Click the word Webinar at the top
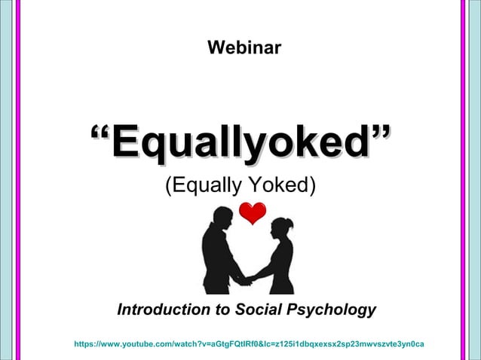(244, 49)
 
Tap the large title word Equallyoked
(241, 143)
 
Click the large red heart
(253, 213)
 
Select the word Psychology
(332, 310)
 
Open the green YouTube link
(249, 344)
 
